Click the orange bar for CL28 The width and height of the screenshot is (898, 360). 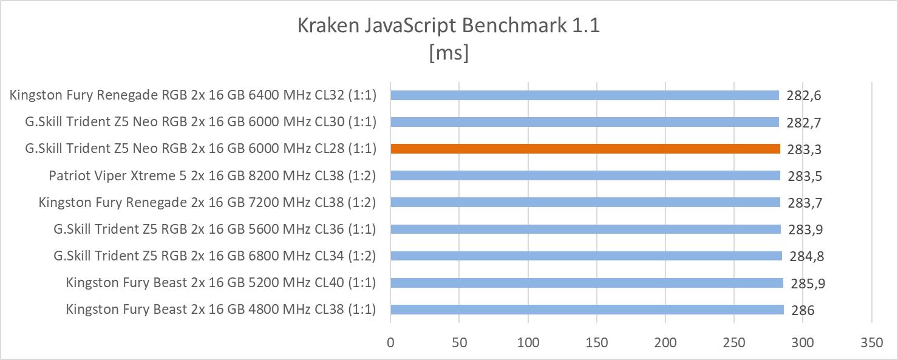tap(585, 149)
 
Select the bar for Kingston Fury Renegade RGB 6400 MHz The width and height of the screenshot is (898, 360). tap(585, 95)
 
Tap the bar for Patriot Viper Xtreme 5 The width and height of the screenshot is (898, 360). tap(585, 175)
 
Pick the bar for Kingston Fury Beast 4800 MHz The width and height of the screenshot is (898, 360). tap(587, 310)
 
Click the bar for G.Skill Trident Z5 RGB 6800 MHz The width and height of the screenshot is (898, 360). tap(586, 256)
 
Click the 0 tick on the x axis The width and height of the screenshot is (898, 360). tap(390, 342)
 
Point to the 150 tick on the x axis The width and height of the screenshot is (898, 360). tap(597, 342)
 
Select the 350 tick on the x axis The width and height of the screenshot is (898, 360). tap(871, 342)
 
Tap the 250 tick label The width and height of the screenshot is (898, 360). tap(734, 342)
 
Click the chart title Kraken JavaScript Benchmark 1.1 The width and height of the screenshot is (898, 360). tap(449, 26)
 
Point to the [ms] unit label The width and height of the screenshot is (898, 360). tap(449, 53)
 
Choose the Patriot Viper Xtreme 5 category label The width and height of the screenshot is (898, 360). tap(213, 175)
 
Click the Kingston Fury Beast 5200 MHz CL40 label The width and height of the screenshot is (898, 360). tap(221, 282)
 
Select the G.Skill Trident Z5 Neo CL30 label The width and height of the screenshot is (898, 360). tap(201, 122)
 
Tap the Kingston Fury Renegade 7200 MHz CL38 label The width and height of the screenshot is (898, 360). tap(207, 202)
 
